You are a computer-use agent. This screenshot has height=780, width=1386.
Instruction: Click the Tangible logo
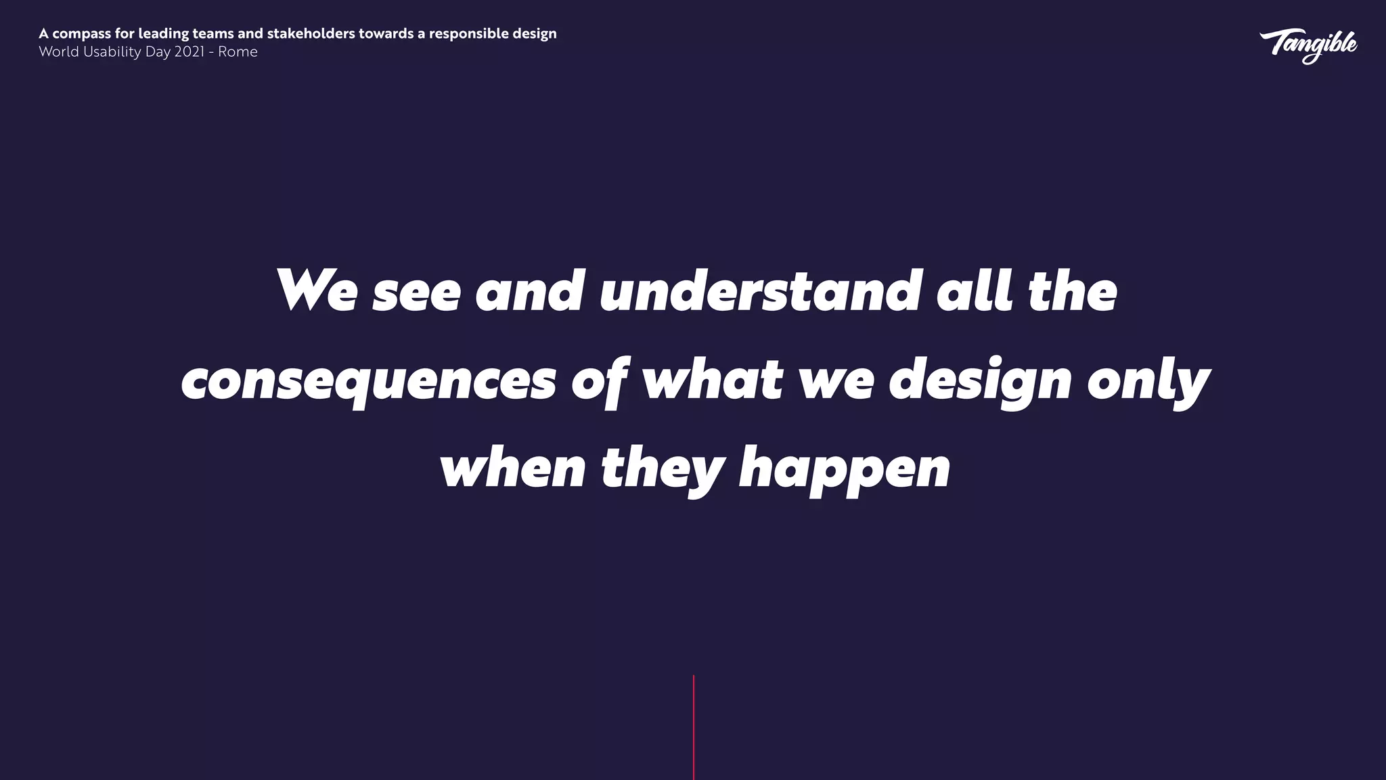[1307, 45]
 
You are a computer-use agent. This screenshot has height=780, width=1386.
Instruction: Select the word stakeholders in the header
[311, 33]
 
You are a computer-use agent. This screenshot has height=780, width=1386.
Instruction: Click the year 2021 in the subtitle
[189, 52]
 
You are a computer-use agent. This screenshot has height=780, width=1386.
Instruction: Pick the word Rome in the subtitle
[238, 52]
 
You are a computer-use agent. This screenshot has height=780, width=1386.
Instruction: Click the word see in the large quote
[416, 292]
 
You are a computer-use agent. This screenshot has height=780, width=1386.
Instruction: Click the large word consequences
[369, 381]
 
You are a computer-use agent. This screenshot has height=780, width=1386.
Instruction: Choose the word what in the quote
[712, 380]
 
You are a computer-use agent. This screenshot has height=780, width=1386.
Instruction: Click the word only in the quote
[1148, 381]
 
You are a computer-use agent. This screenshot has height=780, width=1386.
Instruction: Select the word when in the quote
[512, 469]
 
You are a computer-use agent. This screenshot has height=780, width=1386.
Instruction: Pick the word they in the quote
[663, 469]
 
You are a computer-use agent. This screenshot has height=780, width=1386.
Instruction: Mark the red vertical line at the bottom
[694, 727]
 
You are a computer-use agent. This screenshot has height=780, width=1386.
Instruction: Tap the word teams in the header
[213, 33]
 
